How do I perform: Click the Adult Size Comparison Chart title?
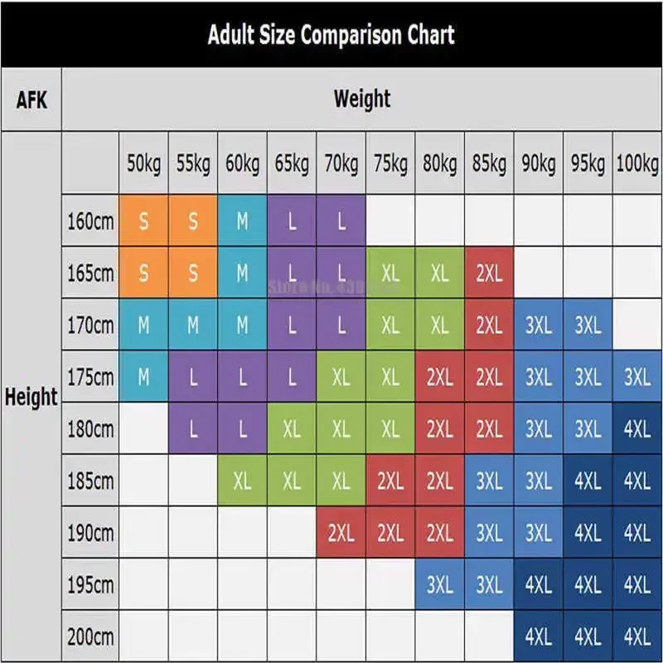point(331,35)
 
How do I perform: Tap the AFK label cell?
point(31,100)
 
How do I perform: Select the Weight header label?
point(361,100)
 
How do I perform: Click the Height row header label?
point(31,397)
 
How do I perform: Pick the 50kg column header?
point(144,164)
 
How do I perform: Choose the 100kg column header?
point(636,164)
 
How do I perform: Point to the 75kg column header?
point(390,164)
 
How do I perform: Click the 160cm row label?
point(90,221)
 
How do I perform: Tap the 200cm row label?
point(90,637)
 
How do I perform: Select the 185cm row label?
point(90,481)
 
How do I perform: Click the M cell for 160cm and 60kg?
point(242,221)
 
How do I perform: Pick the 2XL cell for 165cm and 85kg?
point(489,273)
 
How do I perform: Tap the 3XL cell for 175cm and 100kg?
point(636,377)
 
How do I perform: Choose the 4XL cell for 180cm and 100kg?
point(636,429)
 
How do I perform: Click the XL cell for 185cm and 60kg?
point(242,481)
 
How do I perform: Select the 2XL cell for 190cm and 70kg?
point(341,533)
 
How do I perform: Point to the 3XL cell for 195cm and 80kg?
point(439,585)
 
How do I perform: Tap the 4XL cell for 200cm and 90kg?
point(538,637)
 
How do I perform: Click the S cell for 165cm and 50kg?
point(144,273)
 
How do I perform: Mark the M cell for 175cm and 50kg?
point(144,377)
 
